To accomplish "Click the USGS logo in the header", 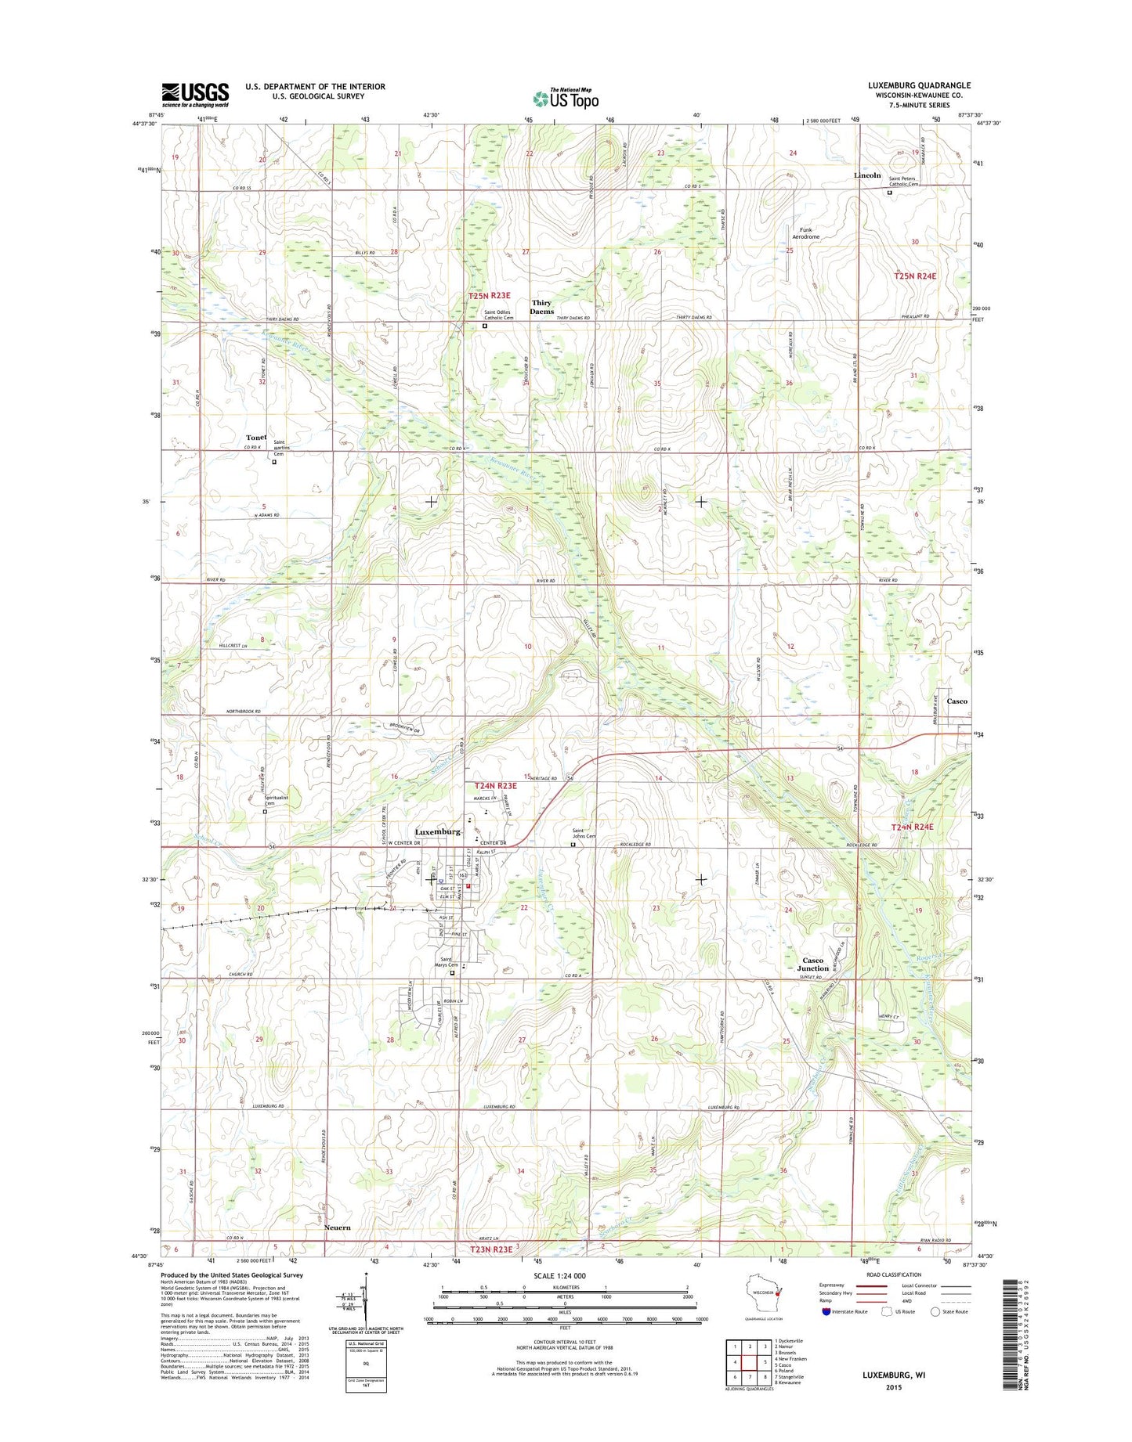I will point(195,95).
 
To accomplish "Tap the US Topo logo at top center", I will point(566,98).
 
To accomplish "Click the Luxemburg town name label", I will point(437,831).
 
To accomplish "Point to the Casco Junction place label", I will point(813,964).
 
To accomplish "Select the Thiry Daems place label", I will point(541,307).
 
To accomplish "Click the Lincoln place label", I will point(867,175).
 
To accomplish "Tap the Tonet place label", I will point(256,438).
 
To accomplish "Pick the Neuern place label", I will point(337,1228).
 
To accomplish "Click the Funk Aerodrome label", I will point(805,233).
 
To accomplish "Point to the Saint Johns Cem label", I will point(584,833).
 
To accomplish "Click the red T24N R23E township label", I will point(495,785).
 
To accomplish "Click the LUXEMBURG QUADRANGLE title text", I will point(908,85).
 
